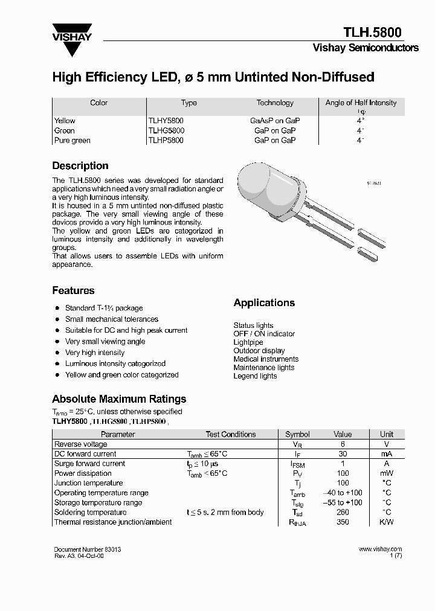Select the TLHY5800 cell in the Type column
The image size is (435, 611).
click(166, 121)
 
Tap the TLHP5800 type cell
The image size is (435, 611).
click(166, 140)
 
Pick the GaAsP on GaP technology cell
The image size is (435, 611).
click(275, 121)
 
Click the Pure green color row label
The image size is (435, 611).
click(72, 140)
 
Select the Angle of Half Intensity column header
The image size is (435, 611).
click(361, 103)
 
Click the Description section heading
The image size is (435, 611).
click(80, 166)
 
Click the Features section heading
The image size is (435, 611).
click(73, 290)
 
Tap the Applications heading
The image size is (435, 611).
click(264, 303)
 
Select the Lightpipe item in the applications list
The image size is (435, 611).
click(249, 342)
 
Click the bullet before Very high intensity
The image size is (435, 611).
click(57, 353)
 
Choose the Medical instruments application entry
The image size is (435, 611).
click(266, 359)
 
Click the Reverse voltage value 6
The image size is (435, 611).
click(343, 444)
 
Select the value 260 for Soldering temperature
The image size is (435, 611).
click(343, 512)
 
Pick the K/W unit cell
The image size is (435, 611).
click(386, 522)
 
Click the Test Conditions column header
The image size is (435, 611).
click(231, 434)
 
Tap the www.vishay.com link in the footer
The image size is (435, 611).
click(380, 549)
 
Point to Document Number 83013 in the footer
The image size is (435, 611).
click(91, 549)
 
